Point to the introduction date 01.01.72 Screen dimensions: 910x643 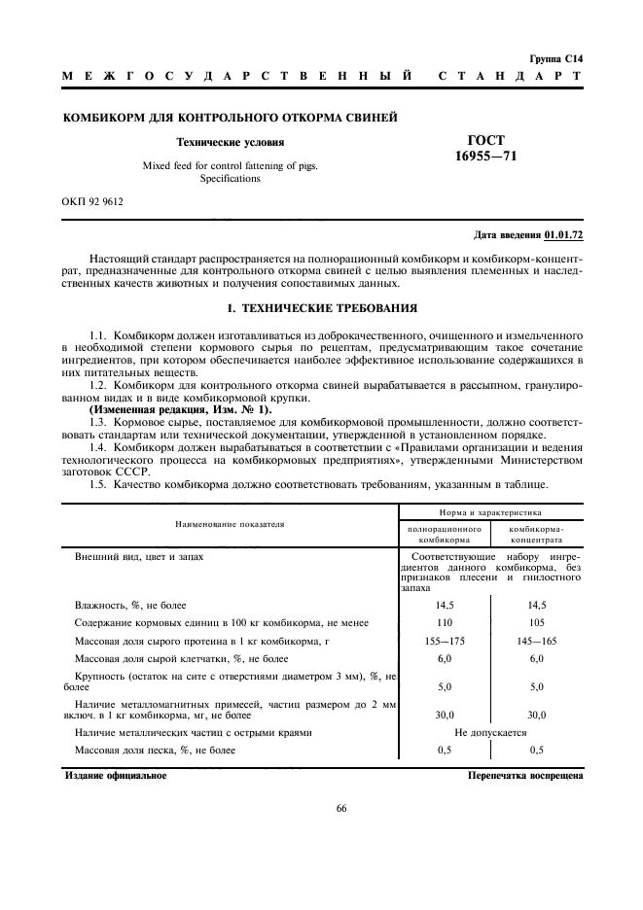point(563,235)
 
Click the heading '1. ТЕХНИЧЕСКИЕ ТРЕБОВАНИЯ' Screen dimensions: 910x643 point(321,308)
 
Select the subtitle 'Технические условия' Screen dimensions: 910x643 point(231,142)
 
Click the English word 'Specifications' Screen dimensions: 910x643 point(231,178)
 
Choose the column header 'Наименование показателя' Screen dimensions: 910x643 point(230,523)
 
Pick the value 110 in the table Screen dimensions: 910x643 point(445,622)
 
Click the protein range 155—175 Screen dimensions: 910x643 point(445,641)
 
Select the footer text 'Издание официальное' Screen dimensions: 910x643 point(116,776)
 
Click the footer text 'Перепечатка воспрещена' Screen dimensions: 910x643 point(524,776)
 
